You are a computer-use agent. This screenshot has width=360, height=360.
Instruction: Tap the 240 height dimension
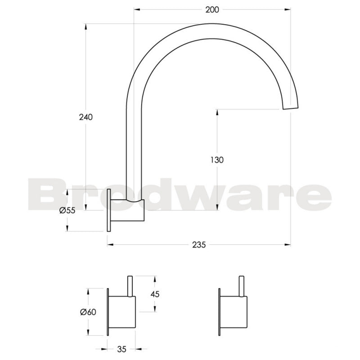point(85,117)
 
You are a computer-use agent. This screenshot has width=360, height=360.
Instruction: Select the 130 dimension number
point(217,159)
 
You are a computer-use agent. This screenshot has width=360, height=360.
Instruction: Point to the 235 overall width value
point(198,245)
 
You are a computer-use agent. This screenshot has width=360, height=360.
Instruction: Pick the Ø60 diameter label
point(88,311)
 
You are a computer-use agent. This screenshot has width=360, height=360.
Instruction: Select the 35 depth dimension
point(121,348)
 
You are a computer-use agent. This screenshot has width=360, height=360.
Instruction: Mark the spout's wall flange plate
point(108,210)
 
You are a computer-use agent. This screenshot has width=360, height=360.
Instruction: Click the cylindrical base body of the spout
point(127,210)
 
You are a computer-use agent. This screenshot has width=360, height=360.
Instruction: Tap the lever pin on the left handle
point(131,285)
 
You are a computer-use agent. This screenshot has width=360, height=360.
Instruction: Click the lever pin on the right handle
point(243,285)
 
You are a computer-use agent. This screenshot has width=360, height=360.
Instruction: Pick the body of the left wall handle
point(122,311)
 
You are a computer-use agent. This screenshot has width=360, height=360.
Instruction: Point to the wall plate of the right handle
point(220,311)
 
